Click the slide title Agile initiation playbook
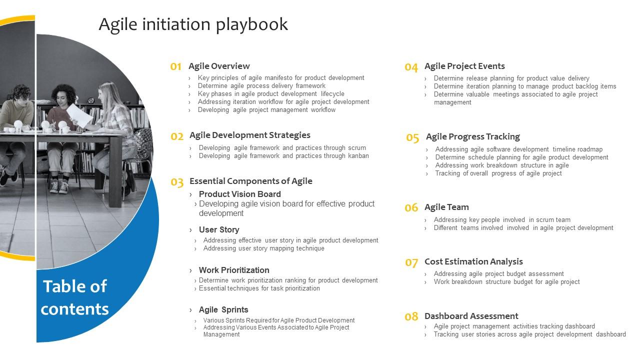tap(193, 24)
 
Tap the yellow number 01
tap(176, 66)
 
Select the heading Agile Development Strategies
tap(249, 135)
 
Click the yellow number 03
tap(177, 182)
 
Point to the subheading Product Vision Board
tap(239, 194)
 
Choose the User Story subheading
tap(218, 229)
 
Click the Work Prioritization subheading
tap(233, 270)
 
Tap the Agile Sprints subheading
tap(223, 309)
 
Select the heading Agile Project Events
tap(464, 66)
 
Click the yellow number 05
tap(412, 137)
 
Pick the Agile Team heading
tap(446, 207)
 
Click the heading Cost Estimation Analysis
tap(473, 261)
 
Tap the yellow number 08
tap(411, 316)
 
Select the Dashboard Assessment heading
tap(471, 316)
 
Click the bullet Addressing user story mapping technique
tap(263, 248)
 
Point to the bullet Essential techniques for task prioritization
tap(259, 288)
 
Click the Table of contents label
tap(74, 297)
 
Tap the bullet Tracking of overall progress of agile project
tap(498, 173)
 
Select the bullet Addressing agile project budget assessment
tap(498, 274)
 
